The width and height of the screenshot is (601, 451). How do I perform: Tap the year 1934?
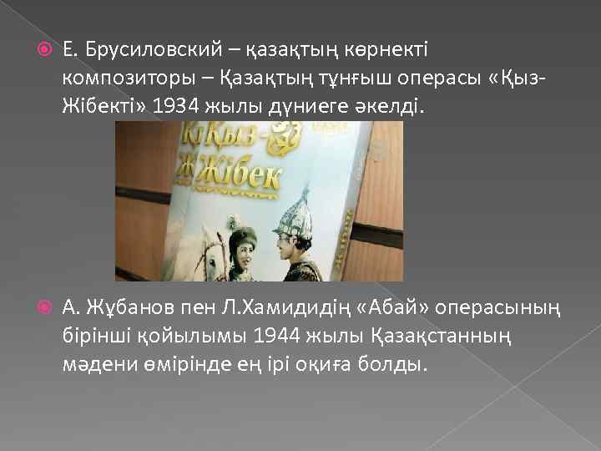(174, 105)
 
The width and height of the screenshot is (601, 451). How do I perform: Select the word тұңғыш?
(352, 78)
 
